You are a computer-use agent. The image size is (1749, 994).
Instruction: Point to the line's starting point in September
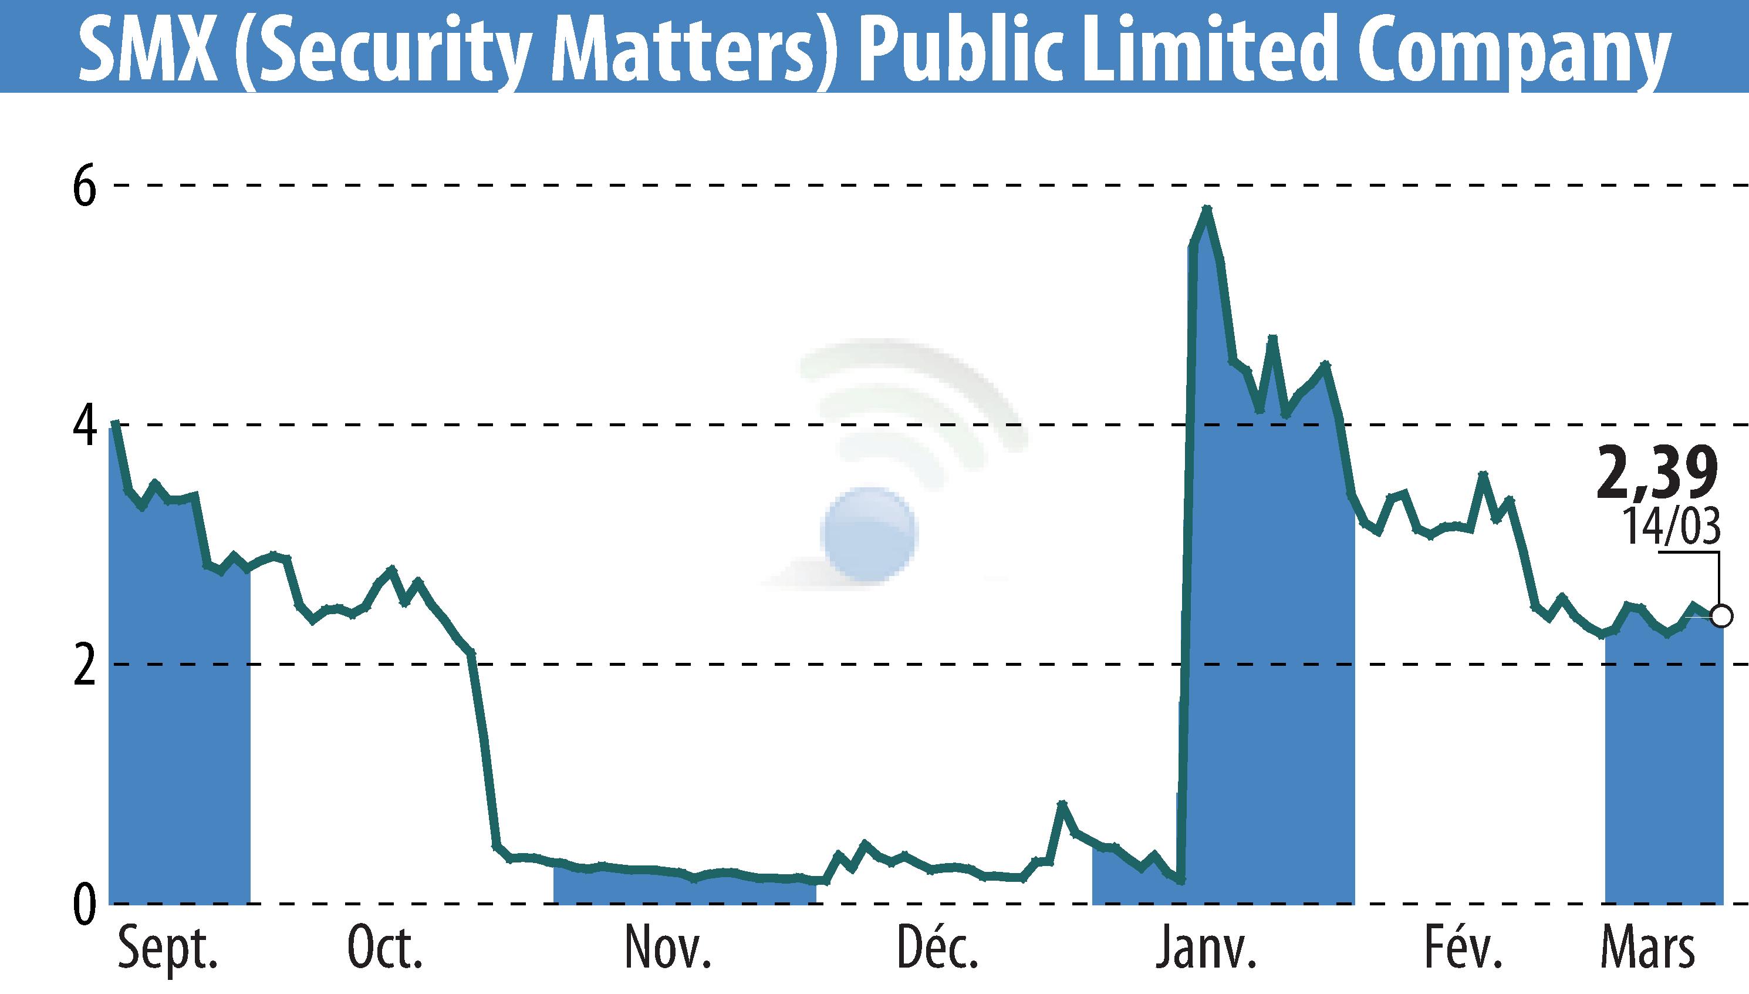pos(114,423)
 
